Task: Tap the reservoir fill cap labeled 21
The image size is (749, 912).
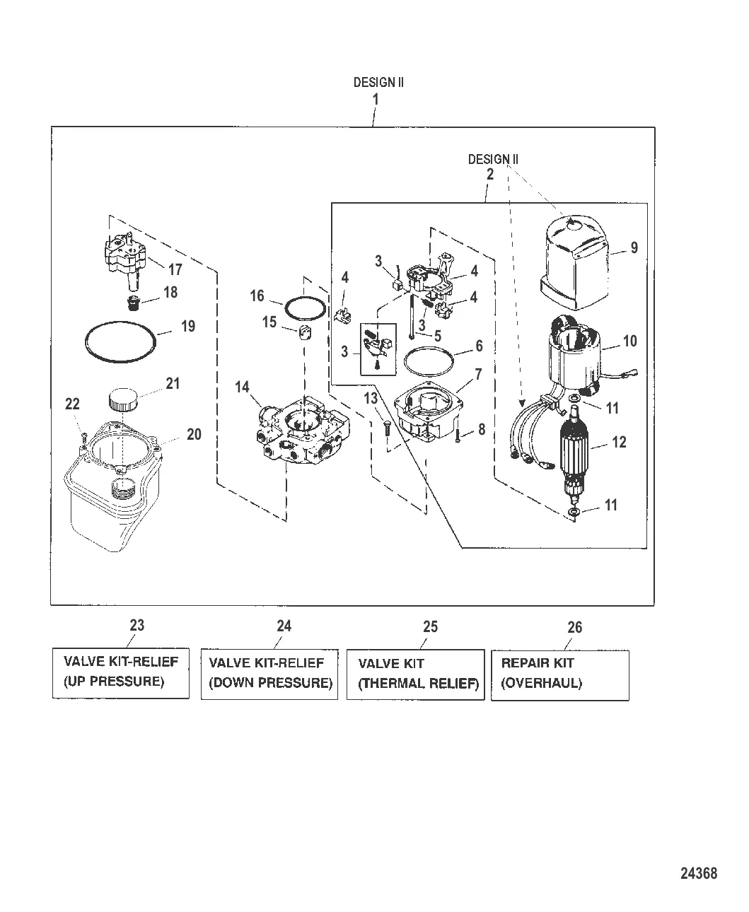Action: [x=124, y=401]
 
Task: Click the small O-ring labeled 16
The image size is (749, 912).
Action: [x=306, y=309]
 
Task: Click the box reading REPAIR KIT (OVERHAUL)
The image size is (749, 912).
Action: [x=559, y=674]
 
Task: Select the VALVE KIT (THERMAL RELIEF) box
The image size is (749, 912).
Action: [x=415, y=674]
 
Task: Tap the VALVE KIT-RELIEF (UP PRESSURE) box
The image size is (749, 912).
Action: [x=121, y=672]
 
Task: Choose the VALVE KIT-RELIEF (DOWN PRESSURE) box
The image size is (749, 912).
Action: [x=269, y=674]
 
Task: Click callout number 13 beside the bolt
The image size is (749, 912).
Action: [x=371, y=399]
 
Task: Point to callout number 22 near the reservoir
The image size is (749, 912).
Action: [x=72, y=404]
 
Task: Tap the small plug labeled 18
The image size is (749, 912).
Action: [x=130, y=304]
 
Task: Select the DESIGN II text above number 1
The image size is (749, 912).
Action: [x=378, y=82]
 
